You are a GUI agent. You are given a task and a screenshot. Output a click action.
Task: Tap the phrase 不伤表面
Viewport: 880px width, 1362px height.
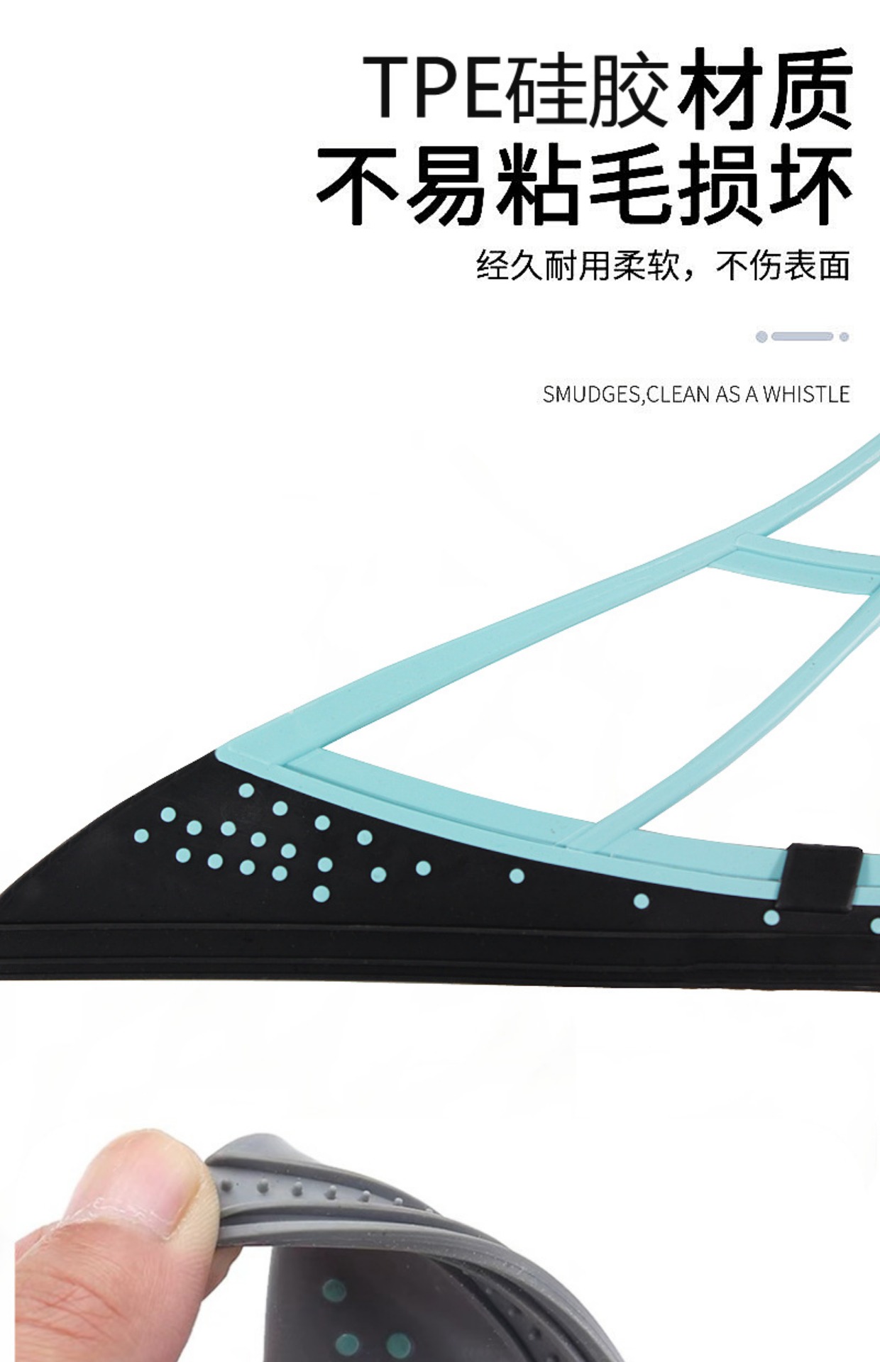coord(783,266)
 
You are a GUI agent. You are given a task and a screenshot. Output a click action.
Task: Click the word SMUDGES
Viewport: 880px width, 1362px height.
coord(591,394)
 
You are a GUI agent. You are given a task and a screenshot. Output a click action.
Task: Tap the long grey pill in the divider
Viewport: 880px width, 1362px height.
coord(802,336)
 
